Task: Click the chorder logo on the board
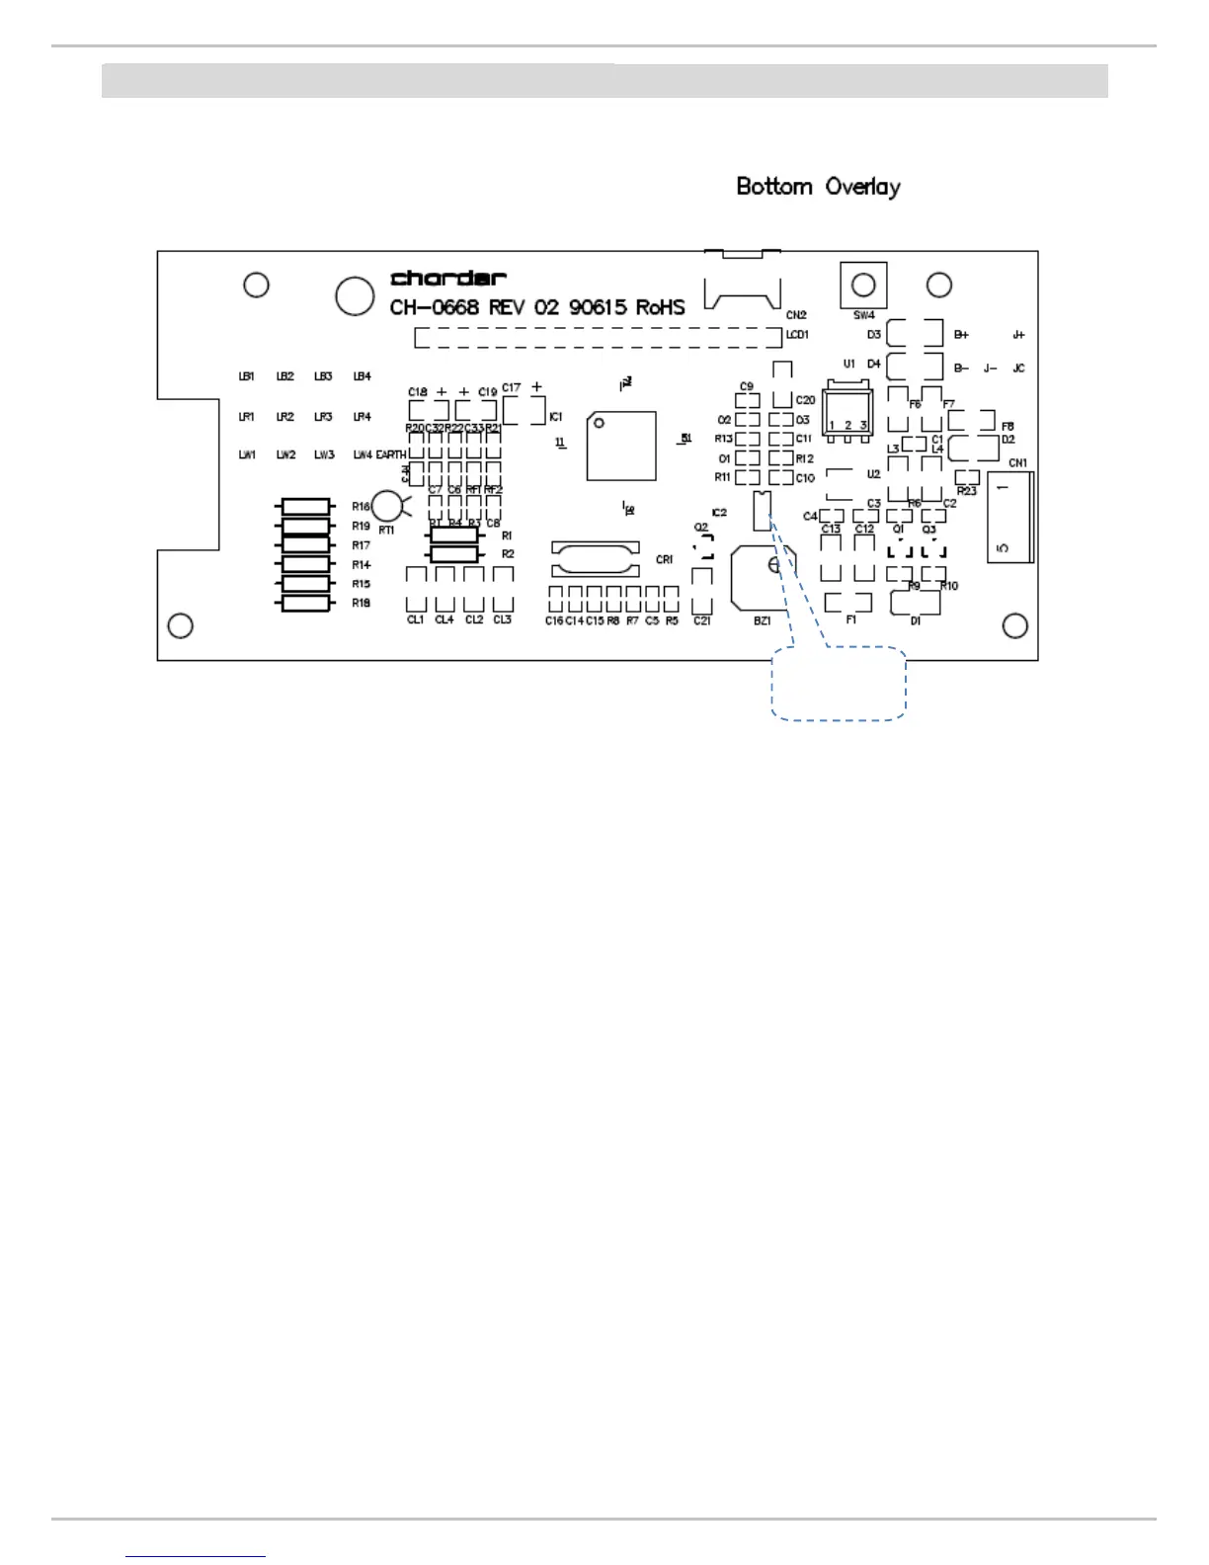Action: coord(448,279)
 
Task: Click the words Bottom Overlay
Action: coord(818,187)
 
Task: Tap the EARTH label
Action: coord(391,454)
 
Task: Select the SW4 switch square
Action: coord(863,286)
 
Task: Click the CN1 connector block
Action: coord(1009,517)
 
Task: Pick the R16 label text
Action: coord(362,507)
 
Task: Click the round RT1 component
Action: coord(388,506)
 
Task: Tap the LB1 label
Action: coord(247,376)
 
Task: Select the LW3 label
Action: coord(324,454)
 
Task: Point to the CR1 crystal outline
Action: coord(595,559)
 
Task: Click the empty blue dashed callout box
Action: coord(838,683)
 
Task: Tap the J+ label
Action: coord(1018,335)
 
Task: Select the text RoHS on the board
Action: coord(660,307)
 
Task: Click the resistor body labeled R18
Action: coord(306,603)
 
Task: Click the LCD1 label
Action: coord(797,335)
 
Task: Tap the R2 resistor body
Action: coord(455,554)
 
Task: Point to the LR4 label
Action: coord(363,417)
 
